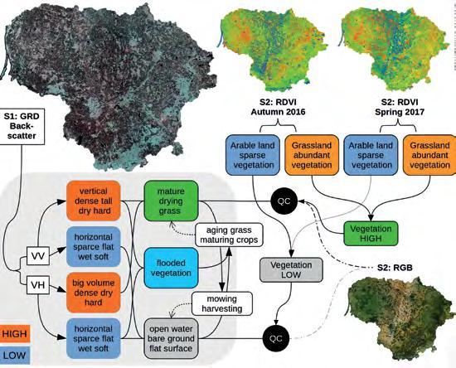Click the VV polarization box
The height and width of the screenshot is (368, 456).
[38, 256]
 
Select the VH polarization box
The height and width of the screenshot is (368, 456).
[38, 285]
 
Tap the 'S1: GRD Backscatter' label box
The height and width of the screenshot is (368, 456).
[22, 127]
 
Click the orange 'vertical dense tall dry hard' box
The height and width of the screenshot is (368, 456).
[94, 201]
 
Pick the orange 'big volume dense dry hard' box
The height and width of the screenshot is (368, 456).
[94, 293]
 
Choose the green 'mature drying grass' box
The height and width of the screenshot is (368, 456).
[171, 201]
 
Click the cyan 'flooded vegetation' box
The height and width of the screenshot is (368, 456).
[171, 268]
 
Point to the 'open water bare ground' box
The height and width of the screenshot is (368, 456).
[171, 339]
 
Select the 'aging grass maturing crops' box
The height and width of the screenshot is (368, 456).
[229, 235]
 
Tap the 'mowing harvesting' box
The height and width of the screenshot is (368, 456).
[222, 303]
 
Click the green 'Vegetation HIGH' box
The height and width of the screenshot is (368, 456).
[371, 234]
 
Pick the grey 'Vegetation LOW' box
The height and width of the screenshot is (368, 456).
[291, 269]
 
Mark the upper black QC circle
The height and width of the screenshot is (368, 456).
[284, 201]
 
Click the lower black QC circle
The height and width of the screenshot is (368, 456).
[276, 339]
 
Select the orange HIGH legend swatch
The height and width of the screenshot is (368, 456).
[15, 334]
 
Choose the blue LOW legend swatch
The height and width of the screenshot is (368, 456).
[15, 356]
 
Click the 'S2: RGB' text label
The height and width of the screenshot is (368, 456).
[395, 268]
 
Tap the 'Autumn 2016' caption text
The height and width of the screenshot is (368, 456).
[278, 112]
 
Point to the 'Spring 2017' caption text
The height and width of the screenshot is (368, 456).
[400, 112]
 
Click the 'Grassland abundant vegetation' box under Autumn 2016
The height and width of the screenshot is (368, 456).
[312, 155]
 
